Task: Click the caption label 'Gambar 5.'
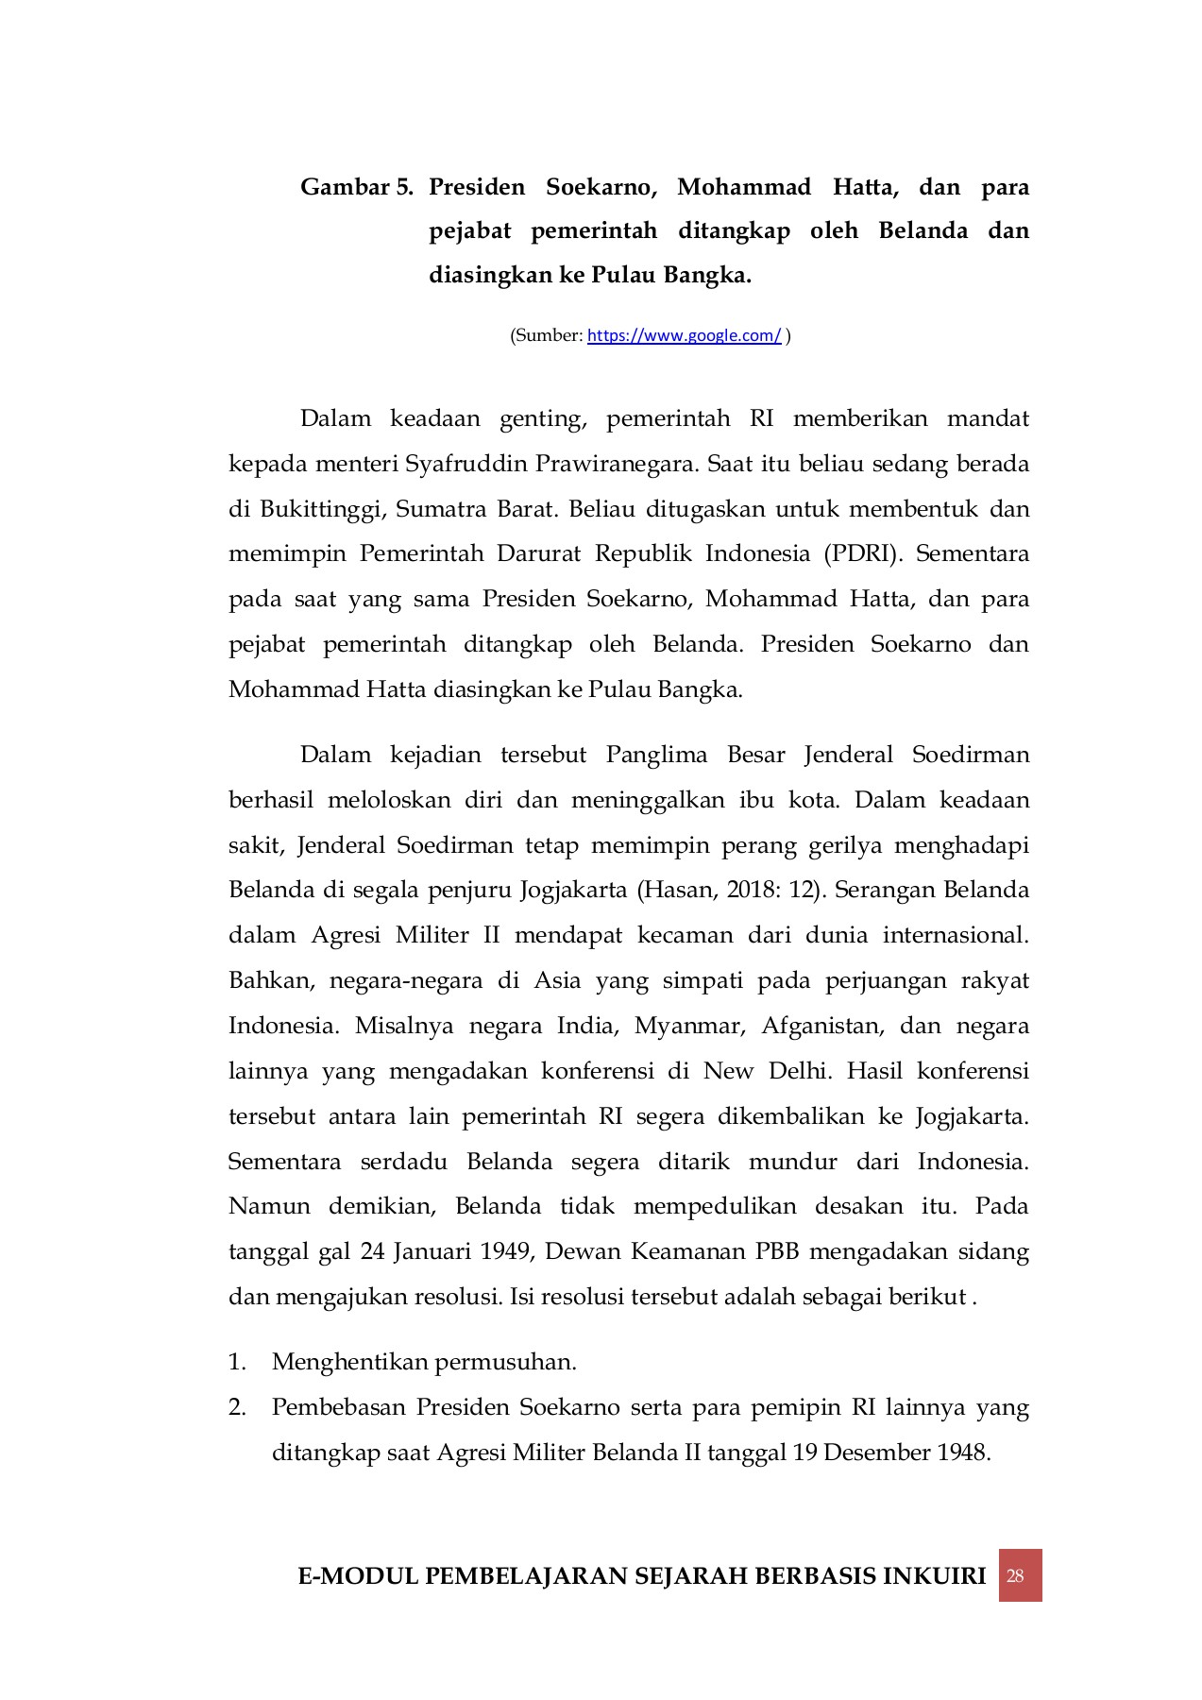click(356, 187)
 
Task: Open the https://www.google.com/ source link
click(684, 335)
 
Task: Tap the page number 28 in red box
click(1020, 1575)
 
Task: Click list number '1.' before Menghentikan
click(237, 1362)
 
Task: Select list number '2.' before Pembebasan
click(237, 1407)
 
